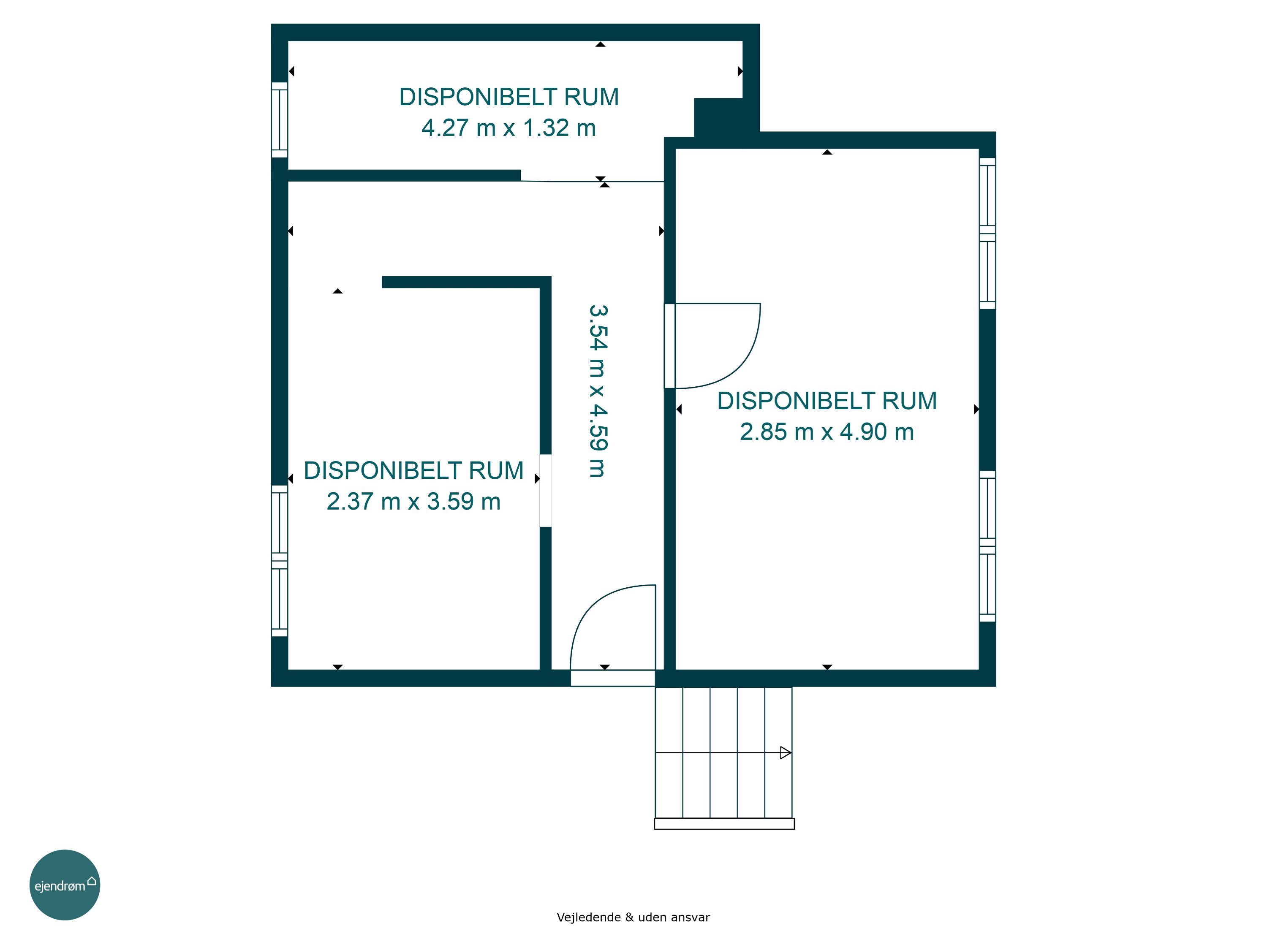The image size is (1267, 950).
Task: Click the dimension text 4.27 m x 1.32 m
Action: (508, 128)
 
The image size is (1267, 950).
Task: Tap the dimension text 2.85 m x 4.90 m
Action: (827, 432)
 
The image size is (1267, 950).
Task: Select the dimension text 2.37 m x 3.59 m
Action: (413, 502)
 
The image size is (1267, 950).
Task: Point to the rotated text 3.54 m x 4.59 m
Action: (598, 391)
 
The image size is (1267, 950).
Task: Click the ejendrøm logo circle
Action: (65, 885)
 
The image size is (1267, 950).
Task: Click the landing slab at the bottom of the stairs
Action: (724, 823)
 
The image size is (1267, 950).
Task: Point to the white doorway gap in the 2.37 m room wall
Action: (546, 491)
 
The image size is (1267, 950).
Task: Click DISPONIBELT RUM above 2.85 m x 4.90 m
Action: (827, 401)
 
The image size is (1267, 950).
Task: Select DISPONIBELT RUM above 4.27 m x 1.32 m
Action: (508, 97)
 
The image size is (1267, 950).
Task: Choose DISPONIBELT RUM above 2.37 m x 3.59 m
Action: (413, 471)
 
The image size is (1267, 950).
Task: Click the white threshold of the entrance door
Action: (613, 678)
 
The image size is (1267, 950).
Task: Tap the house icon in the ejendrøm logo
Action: (92, 881)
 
